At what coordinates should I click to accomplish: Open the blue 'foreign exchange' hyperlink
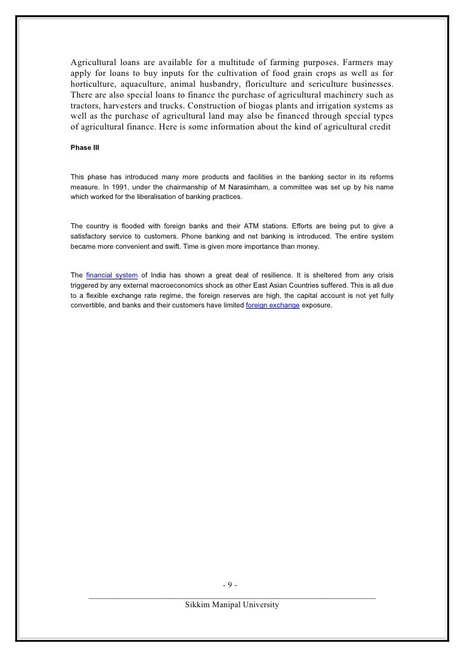tap(273, 306)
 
